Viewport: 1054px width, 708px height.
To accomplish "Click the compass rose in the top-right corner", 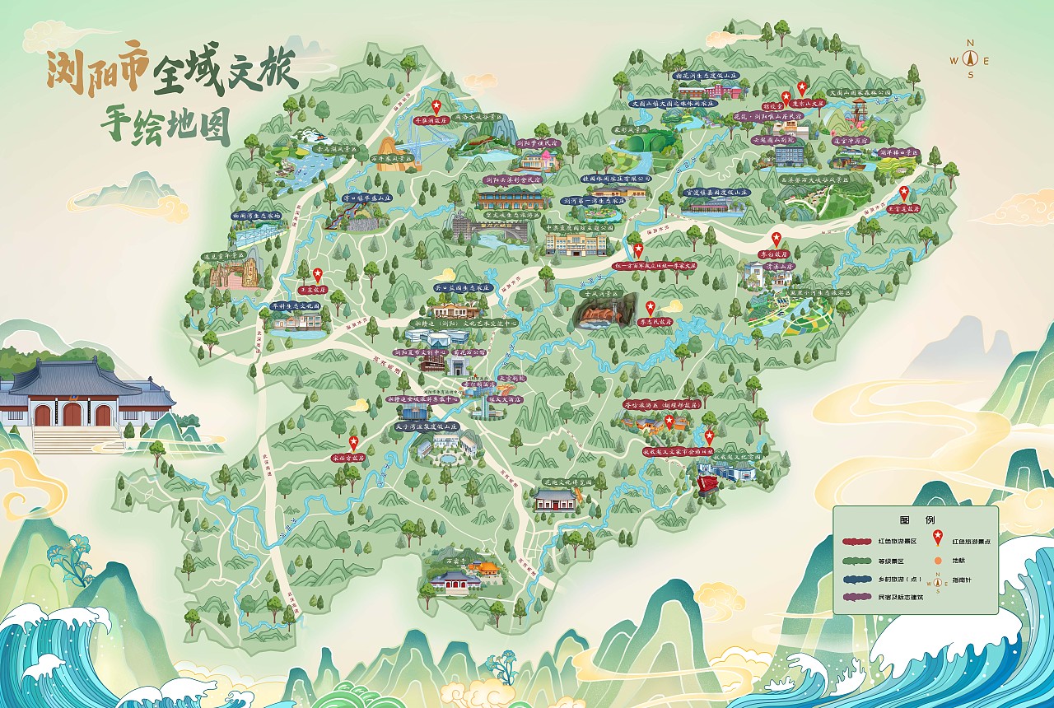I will click(x=970, y=59).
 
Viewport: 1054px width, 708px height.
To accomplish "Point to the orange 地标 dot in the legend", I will click(x=936, y=561).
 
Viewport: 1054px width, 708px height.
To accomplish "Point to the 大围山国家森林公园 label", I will click(x=860, y=93).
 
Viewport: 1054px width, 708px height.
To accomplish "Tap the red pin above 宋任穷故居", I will click(x=354, y=443).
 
